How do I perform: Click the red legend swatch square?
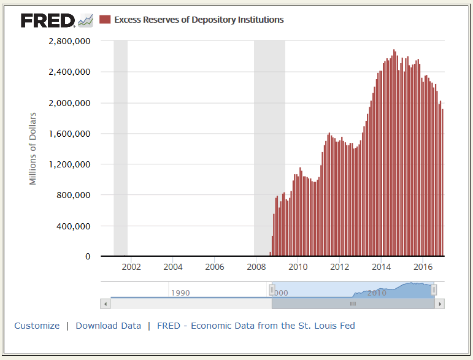click(x=105, y=20)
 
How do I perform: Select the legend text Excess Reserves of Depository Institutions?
click(x=199, y=20)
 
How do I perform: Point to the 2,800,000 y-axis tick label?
click(x=69, y=41)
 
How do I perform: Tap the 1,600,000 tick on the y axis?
click(x=69, y=134)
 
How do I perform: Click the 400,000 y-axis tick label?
click(x=73, y=226)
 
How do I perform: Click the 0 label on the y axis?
click(x=88, y=256)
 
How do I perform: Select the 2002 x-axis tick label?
click(x=131, y=267)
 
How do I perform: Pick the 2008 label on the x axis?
click(x=256, y=267)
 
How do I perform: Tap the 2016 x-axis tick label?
click(x=423, y=267)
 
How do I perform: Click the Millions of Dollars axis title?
click(x=33, y=148)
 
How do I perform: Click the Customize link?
click(x=37, y=326)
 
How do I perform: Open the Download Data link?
click(x=108, y=326)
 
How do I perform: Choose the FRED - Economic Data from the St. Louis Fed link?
click(x=256, y=326)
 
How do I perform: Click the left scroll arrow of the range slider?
click(x=105, y=304)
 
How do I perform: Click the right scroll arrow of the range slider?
click(x=439, y=304)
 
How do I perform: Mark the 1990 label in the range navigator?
click(x=180, y=293)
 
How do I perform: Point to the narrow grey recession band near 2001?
click(x=120, y=147)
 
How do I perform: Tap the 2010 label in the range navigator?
click(x=377, y=293)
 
